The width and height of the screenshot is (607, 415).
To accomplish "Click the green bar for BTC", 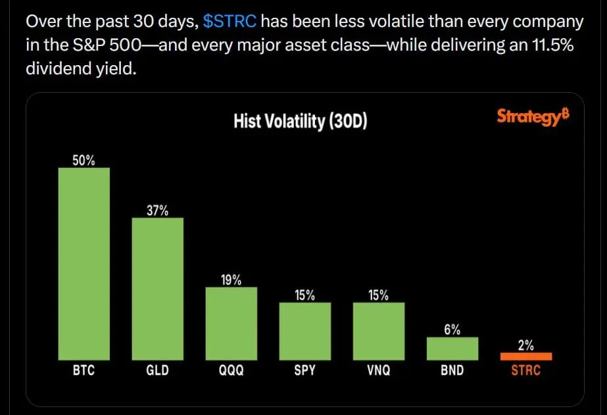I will (x=84, y=263).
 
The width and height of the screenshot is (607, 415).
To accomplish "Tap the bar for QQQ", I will (x=231, y=323).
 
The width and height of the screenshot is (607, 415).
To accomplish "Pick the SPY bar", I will (x=304, y=331).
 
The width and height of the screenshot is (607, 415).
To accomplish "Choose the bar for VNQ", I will (x=378, y=331).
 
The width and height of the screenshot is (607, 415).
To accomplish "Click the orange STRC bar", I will (x=525, y=356).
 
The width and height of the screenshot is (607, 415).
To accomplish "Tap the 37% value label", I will (x=157, y=210).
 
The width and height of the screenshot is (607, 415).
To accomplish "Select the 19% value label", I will (x=231, y=280).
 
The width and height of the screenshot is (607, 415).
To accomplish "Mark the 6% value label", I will (x=452, y=330).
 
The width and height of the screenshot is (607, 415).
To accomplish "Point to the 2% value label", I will (x=525, y=345).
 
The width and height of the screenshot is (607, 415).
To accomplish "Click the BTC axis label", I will (x=84, y=370).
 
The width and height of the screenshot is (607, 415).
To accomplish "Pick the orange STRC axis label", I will (x=525, y=370).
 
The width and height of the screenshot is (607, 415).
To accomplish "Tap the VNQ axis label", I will (x=378, y=370).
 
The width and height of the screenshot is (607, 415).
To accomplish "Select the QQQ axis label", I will (x=231, y=370).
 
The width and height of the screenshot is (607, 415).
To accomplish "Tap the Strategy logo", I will (x=532, y=117).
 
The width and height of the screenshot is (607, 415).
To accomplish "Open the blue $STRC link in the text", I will (x=230, y=22).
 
